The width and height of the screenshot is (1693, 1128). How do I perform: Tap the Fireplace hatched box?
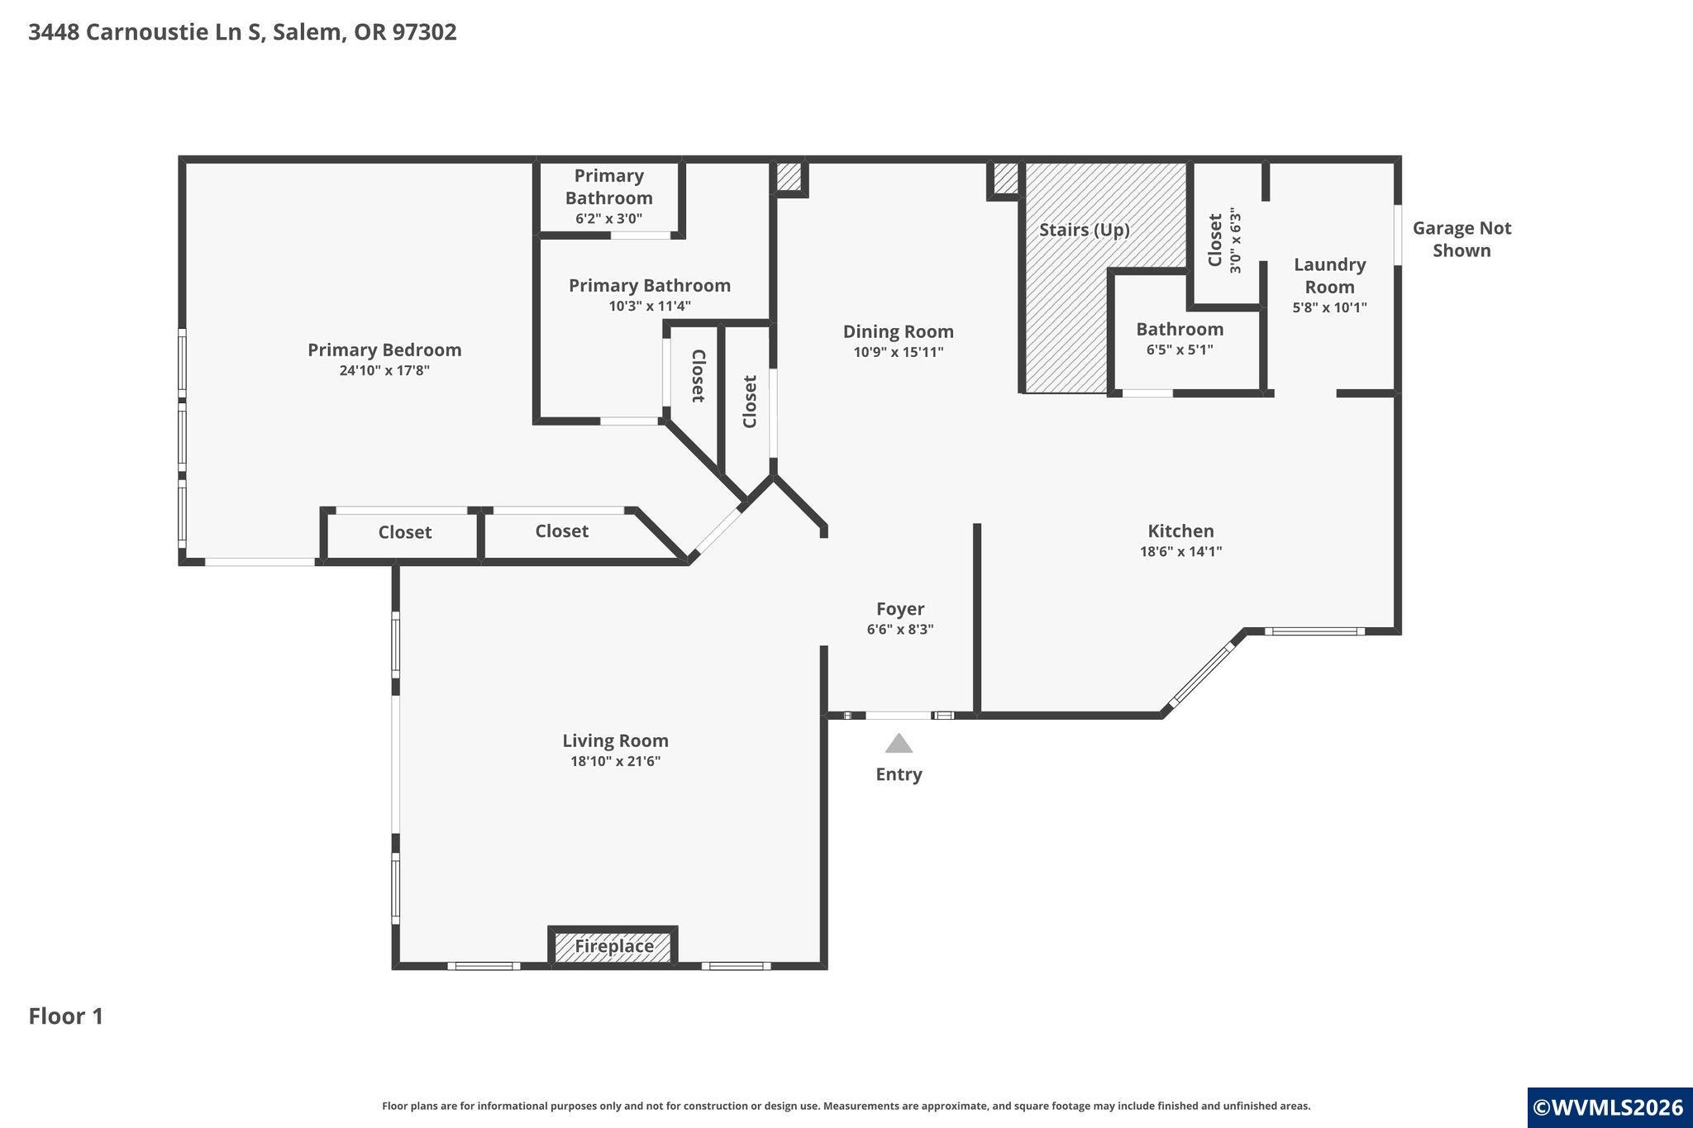click(x=613, y=945)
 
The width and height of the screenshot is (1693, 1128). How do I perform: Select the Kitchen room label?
click(x=1180, y=531)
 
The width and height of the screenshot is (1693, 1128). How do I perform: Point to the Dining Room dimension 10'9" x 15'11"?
click(x=899, y=352)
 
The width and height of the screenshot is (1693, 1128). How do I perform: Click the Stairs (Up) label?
click(x=1084, y=230)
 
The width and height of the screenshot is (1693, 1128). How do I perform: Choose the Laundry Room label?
click(x=1329, y=275)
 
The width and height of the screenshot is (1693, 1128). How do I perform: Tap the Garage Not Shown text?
click(x=1462, y=239)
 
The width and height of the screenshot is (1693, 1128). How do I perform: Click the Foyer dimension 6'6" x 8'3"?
click(x=900, y=630)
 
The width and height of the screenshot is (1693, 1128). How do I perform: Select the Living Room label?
click(x=615, y=740)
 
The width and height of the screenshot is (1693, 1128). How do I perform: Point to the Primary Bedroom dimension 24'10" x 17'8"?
click(x=384, y=370)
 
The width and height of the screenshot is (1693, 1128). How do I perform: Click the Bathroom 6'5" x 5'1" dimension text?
click(x=1180, y=350)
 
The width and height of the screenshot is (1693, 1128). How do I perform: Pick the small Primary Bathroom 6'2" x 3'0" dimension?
click(x=609, y=219)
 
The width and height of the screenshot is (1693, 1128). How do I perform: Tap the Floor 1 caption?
click(x=66, y=1016)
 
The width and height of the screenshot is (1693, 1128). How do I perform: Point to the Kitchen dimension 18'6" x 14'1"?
click(x=1180, y=551)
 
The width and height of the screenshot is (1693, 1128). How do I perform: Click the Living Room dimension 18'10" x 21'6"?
click(x=615, y=761)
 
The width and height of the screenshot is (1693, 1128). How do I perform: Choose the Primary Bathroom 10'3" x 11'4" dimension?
click(x=650, y=306)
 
